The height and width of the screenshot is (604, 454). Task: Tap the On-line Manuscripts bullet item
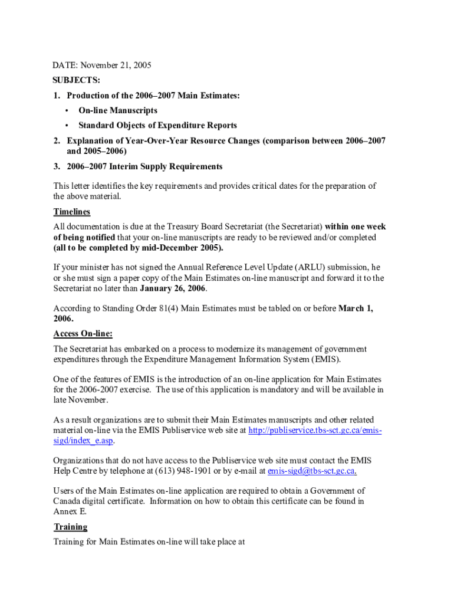pos(118,110)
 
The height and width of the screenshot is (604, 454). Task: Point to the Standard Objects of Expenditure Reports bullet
pos(157,125)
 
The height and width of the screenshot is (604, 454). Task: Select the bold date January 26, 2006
pos(173,289)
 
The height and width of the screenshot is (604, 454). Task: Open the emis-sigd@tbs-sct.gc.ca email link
pos(311,471)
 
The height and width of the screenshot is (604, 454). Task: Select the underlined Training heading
pos(70,527)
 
